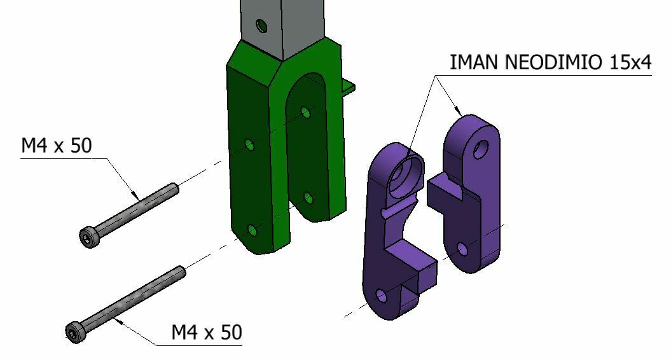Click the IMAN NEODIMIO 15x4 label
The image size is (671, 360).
(x=551, y=62)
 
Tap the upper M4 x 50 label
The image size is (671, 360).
(x=57, y=146)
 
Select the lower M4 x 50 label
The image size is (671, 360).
(x=207, y=332)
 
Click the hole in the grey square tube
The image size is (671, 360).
(x=261, y=26)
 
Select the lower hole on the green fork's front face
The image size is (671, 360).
(x=252, y=232)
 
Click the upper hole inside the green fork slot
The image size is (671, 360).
(x=306, y=113)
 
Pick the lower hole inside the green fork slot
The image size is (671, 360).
(x=308, y=198)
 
